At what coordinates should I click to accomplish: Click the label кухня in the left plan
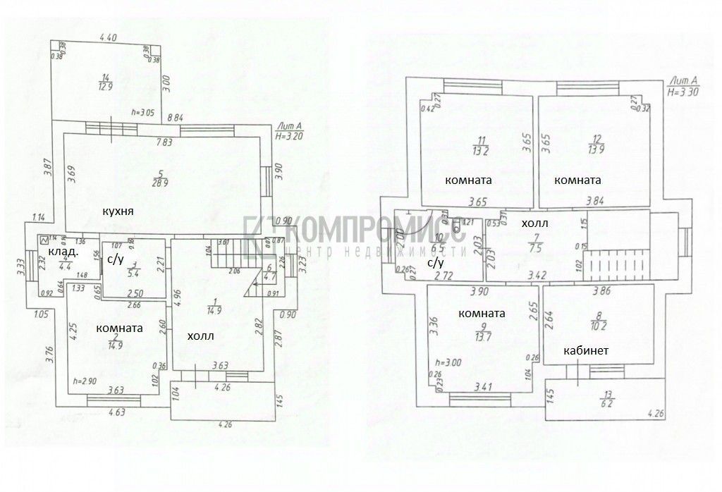(118, 211)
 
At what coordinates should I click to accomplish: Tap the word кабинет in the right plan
(586, 350)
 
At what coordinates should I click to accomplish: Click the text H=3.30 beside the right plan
(681, 92)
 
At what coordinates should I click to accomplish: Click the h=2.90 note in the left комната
(85, 381)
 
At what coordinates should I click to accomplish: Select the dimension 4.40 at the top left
(108, 37)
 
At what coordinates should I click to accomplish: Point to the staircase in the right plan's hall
(618, 266)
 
